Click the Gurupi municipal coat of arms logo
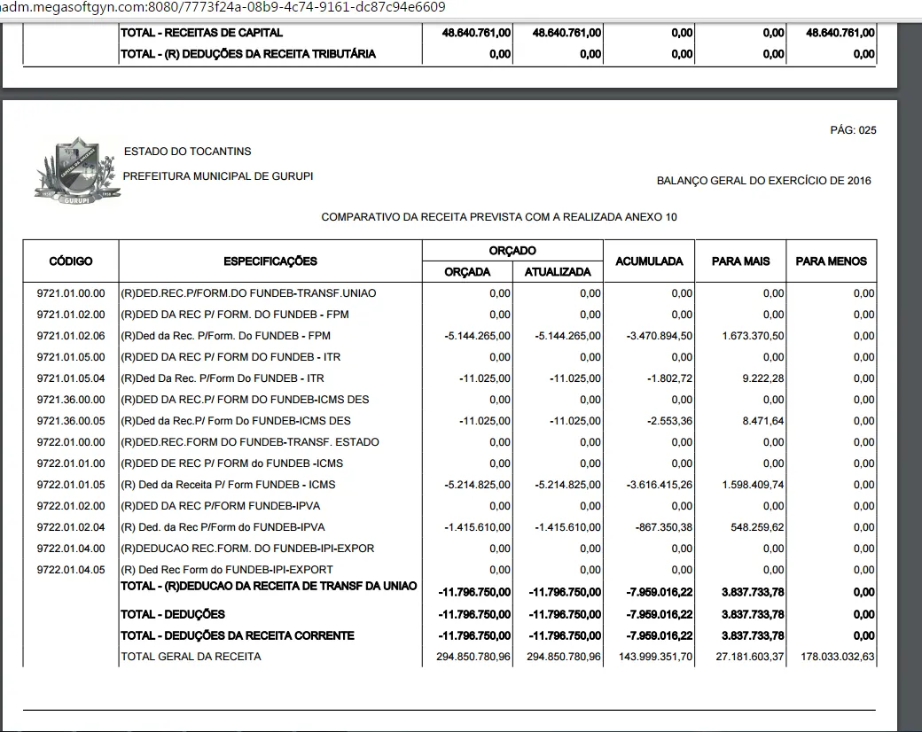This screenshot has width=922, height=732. point(76,171)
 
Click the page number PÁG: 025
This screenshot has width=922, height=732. point(853,130)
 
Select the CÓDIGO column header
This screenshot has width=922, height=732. point(71,261)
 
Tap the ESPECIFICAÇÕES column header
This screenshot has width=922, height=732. point(270,261)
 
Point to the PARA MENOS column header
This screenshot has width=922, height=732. point(831,261)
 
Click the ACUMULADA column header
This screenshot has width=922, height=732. point(649,261)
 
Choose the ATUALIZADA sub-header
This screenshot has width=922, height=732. point(558,272)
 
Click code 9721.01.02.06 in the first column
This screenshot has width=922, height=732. point(71,336)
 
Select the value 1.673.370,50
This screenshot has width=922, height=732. point(752,336)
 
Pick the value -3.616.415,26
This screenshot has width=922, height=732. point(660,485)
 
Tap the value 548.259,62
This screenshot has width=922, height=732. point(756,527)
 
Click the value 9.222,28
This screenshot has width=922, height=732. point(763,378)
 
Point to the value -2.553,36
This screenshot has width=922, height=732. point(669,421)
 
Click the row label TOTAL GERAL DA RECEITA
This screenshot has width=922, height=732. point(191,657)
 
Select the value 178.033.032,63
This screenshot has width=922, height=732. point(831,657)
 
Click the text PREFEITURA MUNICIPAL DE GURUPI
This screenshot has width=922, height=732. point(218,176)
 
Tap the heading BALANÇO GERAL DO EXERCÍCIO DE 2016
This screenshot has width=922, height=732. point(763,181)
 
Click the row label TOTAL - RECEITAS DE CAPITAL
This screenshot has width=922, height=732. point(202,33)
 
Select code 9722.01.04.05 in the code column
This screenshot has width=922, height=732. point(71,570)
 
